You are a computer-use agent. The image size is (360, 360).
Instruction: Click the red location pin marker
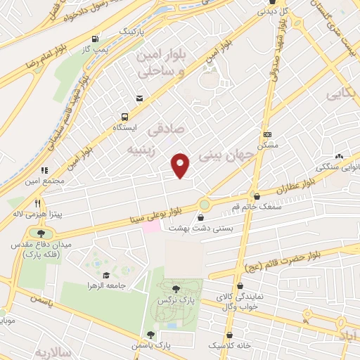pos(181,165)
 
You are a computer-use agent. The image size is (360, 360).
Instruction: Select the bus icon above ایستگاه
pos(124,117)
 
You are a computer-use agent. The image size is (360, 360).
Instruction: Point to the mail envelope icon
pos(140,98)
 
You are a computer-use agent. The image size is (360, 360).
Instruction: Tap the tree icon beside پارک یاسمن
pos(149,335)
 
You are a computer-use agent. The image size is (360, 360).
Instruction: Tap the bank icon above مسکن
pos(267,134)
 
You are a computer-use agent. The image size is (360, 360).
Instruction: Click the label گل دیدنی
pos(274,12)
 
